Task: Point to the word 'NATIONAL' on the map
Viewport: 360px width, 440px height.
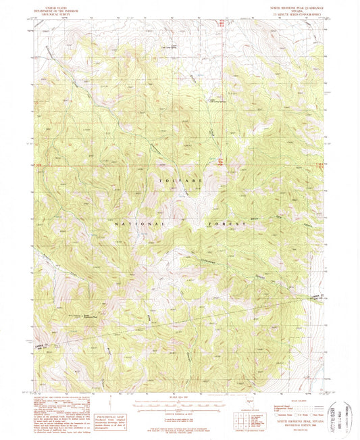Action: (138, 223)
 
